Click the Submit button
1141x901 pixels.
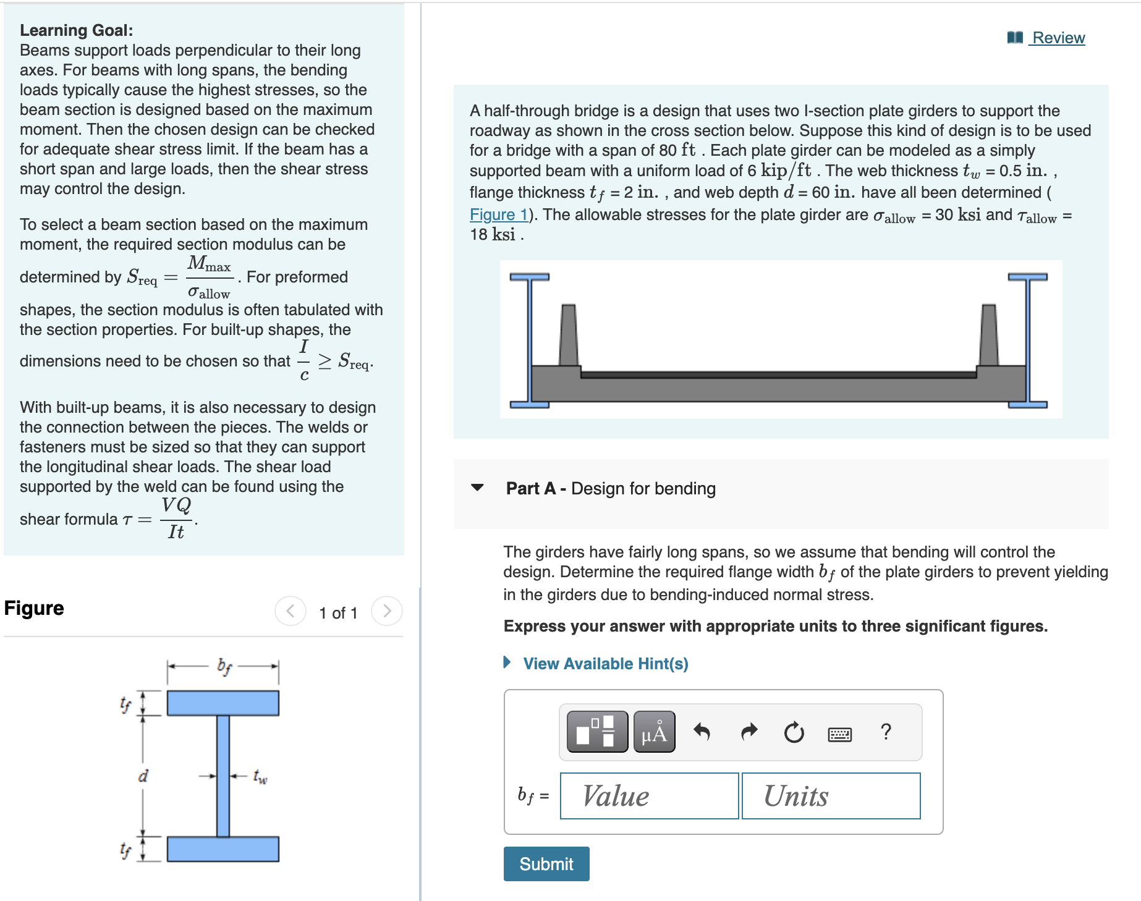pos(546,863)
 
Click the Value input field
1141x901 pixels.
pos(649,796)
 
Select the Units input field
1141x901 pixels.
pos(831,796)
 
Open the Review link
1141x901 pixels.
pos(1058,38)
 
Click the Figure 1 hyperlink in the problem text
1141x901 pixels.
pos(498,214)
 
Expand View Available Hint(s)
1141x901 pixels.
pos(605,663)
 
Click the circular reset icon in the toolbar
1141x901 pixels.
pos(794,732)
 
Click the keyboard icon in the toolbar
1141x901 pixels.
pos(839,734)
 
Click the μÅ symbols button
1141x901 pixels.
pos(654,732)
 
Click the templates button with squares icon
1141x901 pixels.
pos(596,732)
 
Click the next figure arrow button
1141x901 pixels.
pos(387,611)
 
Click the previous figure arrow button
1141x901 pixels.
pos(290,611)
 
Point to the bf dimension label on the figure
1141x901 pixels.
pos(224,666)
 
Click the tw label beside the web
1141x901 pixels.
pos(260,776)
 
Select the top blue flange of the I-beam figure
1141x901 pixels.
pos(223,703)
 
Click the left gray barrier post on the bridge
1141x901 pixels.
pos(568,336)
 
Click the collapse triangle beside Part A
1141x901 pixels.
pos(477,488)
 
